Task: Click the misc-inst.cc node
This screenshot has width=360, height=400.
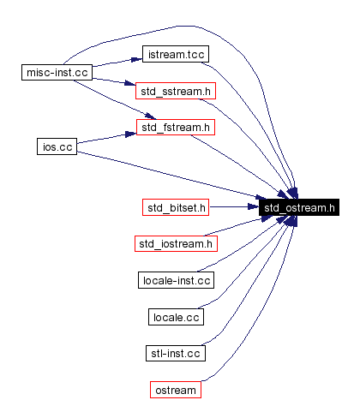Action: click(x=57, y=73)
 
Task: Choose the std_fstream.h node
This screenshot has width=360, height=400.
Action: click(x=176, y=128)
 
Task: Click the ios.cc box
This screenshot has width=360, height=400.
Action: click(x=57, y=146)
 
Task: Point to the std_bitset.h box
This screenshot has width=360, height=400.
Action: click(x=176, y=207)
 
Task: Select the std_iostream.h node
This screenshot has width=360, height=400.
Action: click(x=176, y=244)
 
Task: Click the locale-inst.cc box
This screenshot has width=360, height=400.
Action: click(x=176, y=280)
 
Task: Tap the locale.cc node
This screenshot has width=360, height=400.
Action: click(x=176, y=317)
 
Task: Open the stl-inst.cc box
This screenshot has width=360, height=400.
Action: click(x=176, y=353)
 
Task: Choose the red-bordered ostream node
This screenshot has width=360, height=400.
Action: click(x=176, y=390)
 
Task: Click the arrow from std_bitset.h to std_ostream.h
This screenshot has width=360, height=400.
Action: click(x=233, y=207)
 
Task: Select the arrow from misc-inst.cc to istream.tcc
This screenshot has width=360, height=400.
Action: click(x=116, y=64)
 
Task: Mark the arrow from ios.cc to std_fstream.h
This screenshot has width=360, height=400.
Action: click(x=107, y=139)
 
